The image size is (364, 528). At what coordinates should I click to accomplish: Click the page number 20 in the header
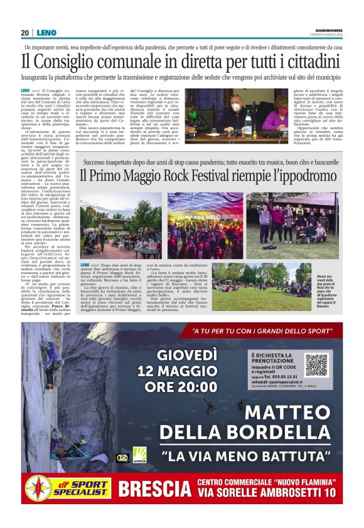(25, 33)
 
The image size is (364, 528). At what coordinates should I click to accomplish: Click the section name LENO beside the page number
(46, 33)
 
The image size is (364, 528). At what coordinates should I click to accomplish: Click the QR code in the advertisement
(316, 365)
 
